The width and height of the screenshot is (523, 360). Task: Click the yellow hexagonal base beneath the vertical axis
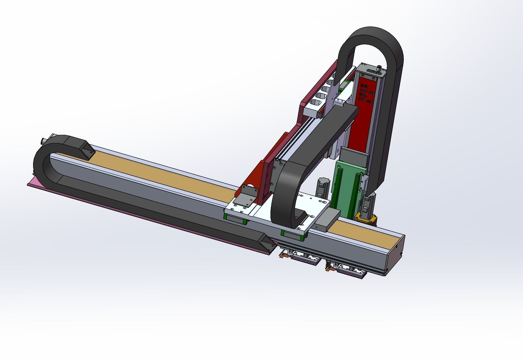click(x=366, y=218)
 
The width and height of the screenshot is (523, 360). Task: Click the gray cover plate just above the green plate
click(x=355, y=157)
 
